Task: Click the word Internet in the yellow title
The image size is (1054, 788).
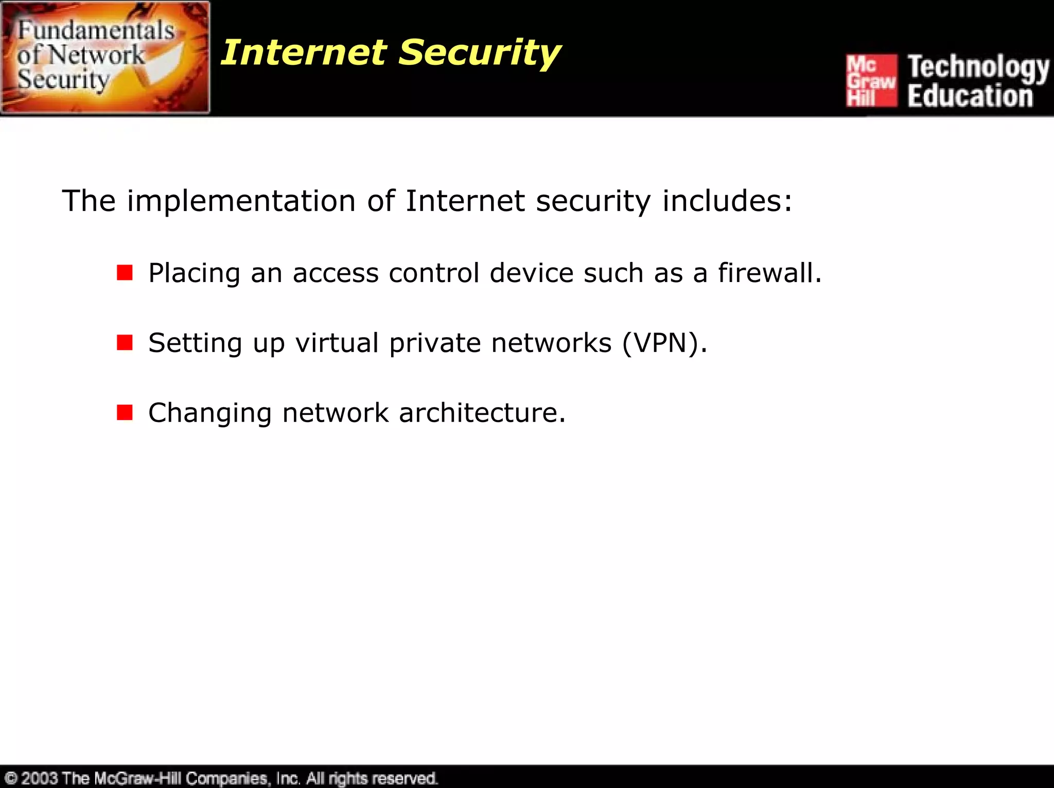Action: (x=304, y=52)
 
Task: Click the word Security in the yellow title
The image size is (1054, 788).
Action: (x=480, y=54)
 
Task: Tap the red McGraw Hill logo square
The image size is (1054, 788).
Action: (x=871, y=80)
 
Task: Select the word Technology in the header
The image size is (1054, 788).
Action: (x=978, y=67)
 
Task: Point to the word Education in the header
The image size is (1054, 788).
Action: (x=970, y=96)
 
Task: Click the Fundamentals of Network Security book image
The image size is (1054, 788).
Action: (x=105, y=57)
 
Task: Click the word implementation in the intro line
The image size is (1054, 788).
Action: (x=241, y=201)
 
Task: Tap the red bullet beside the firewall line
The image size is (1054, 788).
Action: (x=125, y=273)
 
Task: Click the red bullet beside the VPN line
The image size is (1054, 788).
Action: (x=125, y=342)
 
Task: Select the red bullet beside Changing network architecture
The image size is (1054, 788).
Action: (x=125, y=412)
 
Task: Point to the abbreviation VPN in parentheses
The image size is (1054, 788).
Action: (x=663, y=343)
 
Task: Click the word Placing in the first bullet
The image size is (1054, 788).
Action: (x=194, y=273)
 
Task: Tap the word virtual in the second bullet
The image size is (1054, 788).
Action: (x=337, y=343)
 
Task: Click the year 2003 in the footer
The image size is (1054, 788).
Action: (x=39, y=778)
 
